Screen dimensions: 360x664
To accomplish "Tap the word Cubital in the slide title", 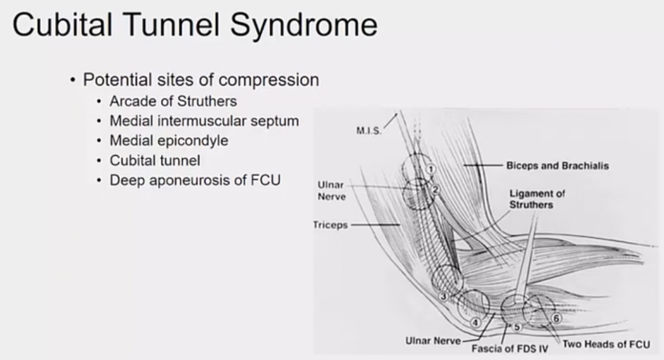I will [x=62, y=26].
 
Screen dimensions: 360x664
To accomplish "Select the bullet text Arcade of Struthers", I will [x=173, y=101].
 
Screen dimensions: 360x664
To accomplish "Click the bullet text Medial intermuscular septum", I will [x=204, y=121].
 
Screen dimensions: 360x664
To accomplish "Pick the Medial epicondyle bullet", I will [x=169, y=140].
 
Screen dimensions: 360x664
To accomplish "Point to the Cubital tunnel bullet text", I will [x=155, y=160].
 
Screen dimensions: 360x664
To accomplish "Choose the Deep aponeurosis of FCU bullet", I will [x=195, y=180].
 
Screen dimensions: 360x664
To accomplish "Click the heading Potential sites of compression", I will [x=201, y=80].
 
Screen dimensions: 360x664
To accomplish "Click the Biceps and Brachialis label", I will [x=558, y=165].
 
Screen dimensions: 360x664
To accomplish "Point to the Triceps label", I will [x=331, y=225].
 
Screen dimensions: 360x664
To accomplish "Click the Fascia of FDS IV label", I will [x=510, y=348].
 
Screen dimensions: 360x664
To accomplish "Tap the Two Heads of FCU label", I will [x=606, y=344].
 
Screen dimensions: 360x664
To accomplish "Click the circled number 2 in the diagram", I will [x=436, y=189].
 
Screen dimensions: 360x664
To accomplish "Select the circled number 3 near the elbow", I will [x=444, y=296].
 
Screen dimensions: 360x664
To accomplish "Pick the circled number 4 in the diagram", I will [x=475, y=322].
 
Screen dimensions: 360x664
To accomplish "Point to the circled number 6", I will [x=556, y=318].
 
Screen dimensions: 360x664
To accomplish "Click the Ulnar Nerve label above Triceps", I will [x=331, y=191].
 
